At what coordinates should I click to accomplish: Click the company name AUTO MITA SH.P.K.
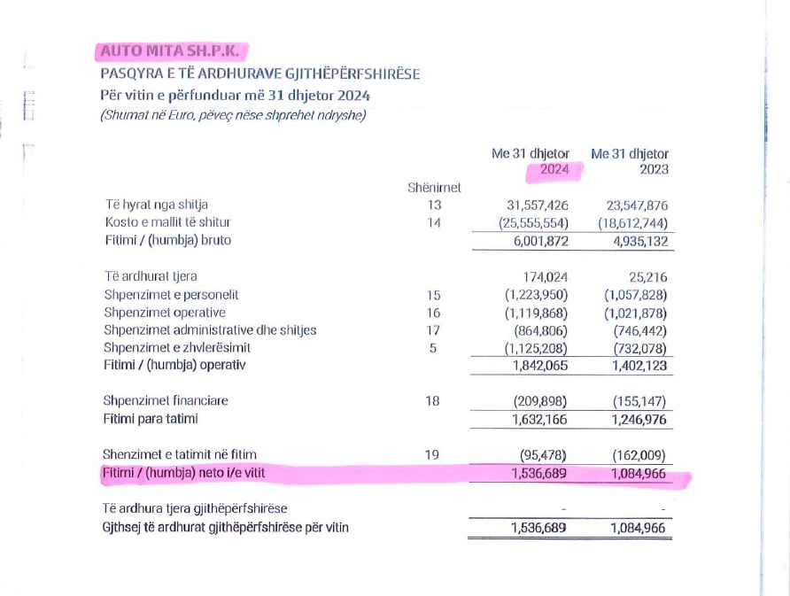(169, 51)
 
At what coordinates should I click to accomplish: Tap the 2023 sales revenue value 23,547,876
(635, 205)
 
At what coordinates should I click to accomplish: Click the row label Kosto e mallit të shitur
(167, 222)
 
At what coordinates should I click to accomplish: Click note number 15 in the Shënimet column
(433, 295)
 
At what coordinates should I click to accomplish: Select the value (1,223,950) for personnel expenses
(537, 295)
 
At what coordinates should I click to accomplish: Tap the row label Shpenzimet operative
(165, 313)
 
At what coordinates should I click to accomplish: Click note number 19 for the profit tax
(433, 455)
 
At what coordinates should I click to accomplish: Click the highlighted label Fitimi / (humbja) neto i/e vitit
(184, 474)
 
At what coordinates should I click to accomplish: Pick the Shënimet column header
(434, 187)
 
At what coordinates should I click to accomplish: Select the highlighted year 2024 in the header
(554, 169)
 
